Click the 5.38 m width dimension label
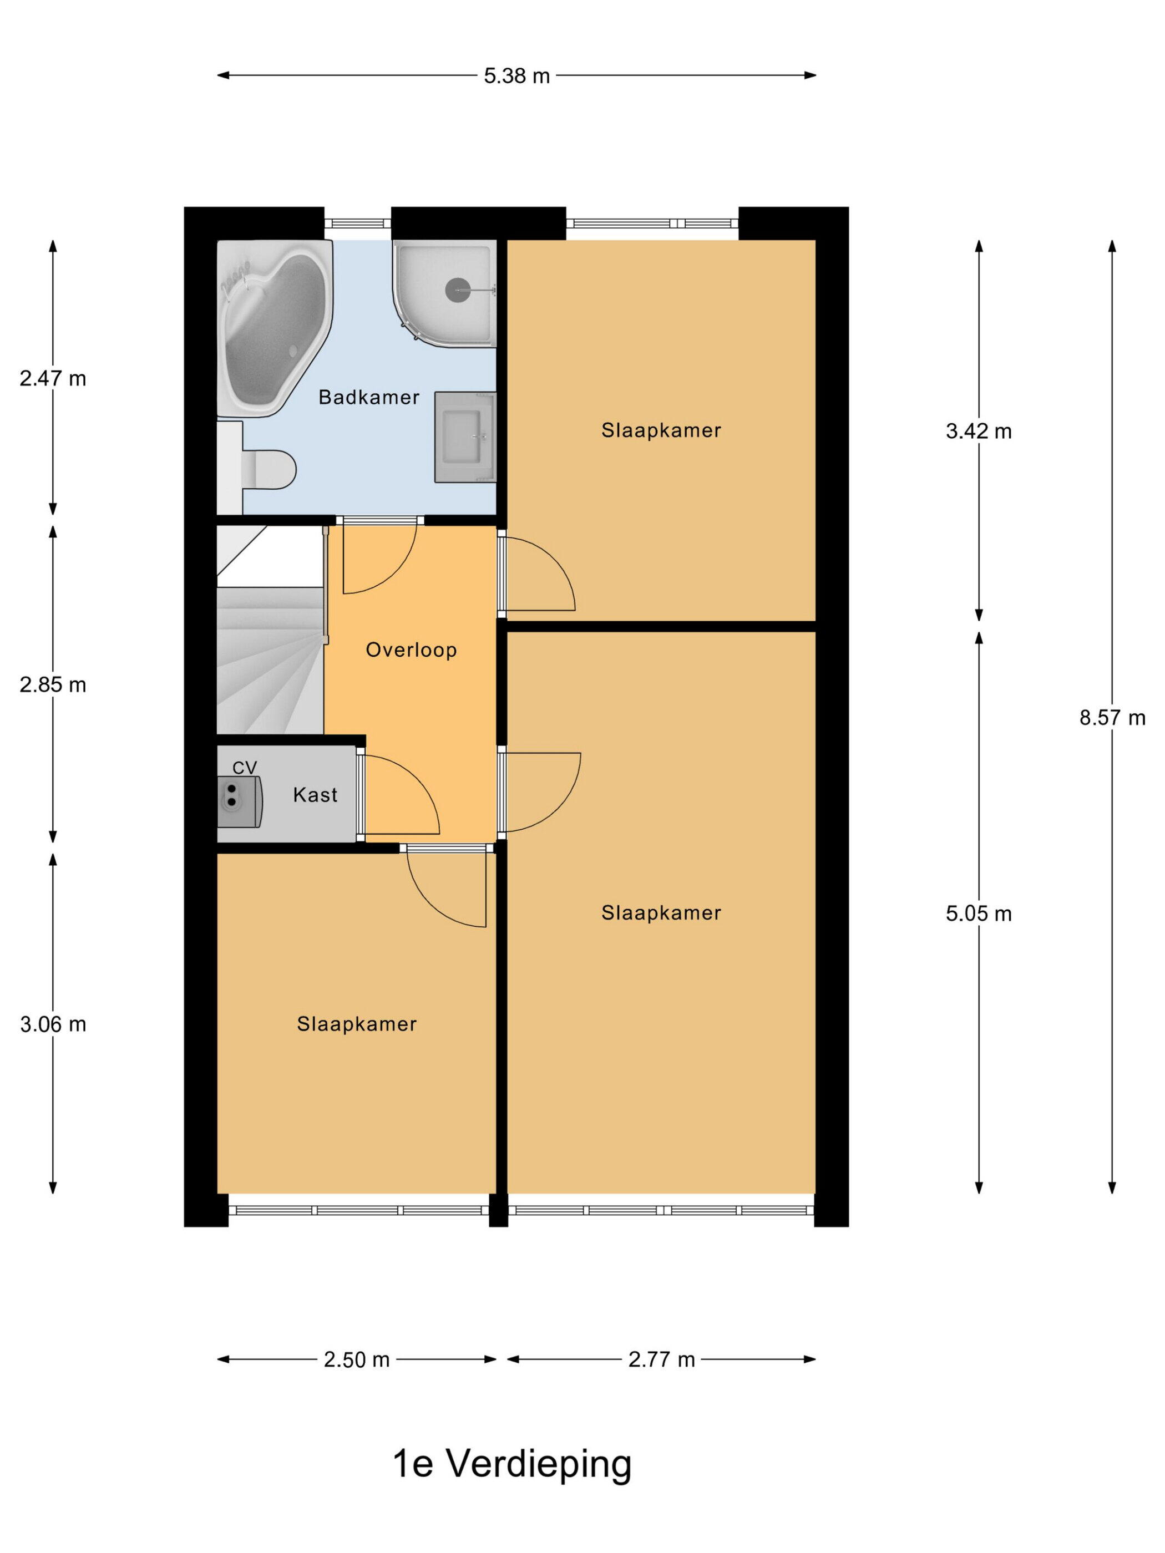tap(516, 76)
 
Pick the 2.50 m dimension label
tap(356, 1360)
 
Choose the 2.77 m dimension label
tap(661, 1360)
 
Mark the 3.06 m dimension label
tap(53, 1024)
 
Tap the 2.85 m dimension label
tap(53, 684)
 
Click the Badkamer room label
tap(369, 397)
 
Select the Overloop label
tap(412, 650)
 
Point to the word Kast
tap(315, 795)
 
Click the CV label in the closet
tap(245, 768)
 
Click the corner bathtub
tap(274, 328)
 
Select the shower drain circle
tap(459, 290)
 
